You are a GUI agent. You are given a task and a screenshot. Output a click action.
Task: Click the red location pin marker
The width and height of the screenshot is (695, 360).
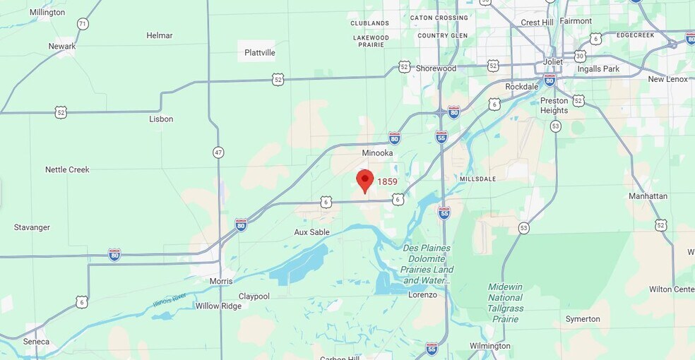364,179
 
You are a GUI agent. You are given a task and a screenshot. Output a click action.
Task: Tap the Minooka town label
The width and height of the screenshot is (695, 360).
377,153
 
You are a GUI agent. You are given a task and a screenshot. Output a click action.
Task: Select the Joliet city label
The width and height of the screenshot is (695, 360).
552,61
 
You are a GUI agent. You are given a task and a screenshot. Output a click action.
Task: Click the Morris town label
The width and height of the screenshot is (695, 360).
221,281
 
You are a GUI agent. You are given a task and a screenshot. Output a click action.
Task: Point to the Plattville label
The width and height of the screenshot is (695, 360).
260,53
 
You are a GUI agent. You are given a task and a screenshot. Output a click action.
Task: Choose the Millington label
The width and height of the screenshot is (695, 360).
47,13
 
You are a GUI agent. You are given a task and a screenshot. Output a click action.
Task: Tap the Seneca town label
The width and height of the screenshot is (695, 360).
36,342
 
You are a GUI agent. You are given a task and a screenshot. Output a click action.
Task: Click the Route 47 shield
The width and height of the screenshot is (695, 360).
218,152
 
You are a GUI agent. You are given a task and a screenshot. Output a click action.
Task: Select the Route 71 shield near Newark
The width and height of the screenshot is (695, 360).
83,24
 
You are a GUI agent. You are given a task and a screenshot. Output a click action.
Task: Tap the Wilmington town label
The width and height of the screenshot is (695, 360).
490,346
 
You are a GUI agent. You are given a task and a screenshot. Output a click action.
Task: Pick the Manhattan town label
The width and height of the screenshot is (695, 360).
648,196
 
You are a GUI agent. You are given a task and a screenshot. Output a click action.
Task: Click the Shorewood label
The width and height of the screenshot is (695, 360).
436,68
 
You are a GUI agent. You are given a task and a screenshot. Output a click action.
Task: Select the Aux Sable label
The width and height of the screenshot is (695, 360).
311,232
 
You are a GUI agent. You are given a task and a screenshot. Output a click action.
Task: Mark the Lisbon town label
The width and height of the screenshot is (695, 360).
161,119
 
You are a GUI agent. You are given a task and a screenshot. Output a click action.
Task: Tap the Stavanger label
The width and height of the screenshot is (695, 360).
32,227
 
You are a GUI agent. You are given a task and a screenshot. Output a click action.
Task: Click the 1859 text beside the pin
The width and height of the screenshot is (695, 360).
387,181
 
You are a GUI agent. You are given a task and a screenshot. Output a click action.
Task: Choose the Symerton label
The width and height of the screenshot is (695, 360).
583,319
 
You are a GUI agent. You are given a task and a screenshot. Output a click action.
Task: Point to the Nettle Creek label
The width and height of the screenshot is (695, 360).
67,169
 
